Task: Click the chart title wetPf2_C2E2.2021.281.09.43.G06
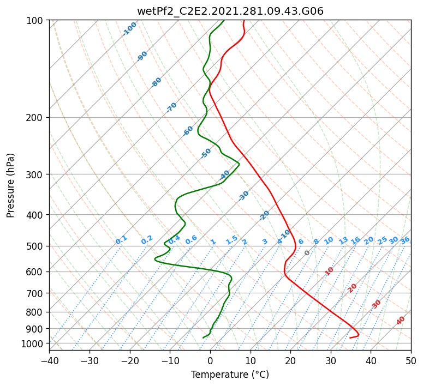click(x=230, y=11)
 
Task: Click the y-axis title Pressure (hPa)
click(x=10, y=185)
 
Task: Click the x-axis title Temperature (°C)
click(x=230, y=375)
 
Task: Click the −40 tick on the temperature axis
click(x=50, y=360)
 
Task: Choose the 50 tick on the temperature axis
click(x=411, y=360)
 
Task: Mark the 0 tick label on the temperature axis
click(x=210, y=360)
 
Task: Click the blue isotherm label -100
click(x=129, y=29)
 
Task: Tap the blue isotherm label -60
click(x=188, y=131)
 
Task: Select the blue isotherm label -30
click(x=243, y=196)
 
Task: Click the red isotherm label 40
click(x=400, y=321)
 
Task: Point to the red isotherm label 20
click(x=352, y=288)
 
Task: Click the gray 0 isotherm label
click(x=307, y=253)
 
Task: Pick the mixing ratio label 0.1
click(x=121, y=240)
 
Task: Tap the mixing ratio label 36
click(x=405, y=240)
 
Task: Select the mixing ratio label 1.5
click(x=232, y=240)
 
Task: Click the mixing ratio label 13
click(x=343, y=241)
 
